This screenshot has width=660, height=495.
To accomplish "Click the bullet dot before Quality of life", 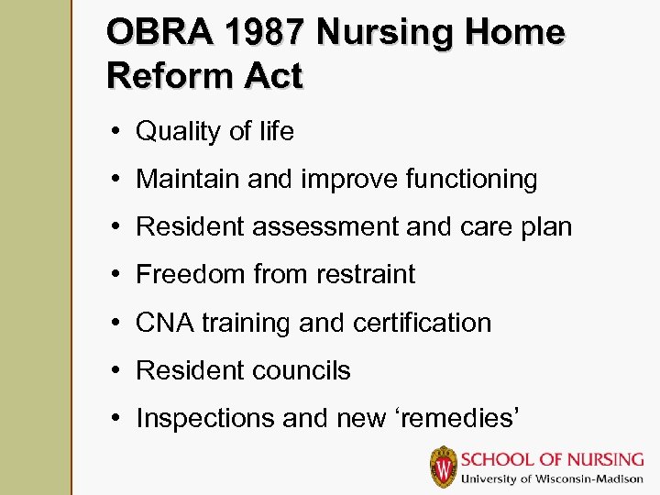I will pos(120,131).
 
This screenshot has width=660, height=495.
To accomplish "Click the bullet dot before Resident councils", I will pos(120,370).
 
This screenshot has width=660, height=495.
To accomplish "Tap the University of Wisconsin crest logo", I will pos(444,467).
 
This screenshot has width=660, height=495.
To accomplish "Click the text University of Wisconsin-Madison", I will pos(553,479).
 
